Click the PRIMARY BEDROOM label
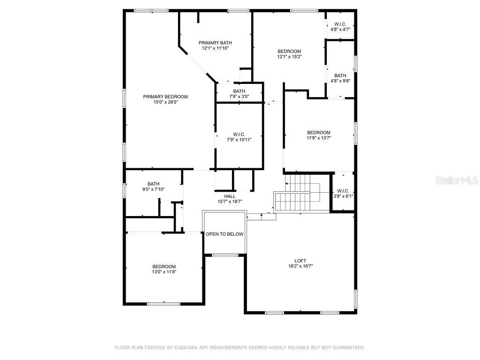tap(165, 97)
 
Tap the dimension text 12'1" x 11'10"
tap(215, 48)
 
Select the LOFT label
tap(300, 261)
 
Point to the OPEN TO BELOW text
tap(225, 234)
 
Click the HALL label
tap(230, 196)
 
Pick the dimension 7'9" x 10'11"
tap(239, 139)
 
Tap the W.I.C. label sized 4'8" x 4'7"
tap(340, 24)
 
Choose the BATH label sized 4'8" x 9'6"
tap(340, 75)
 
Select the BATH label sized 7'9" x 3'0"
tap(239, 91)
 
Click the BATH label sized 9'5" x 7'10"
tap(153, 184)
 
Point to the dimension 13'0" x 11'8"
tap(164, 271)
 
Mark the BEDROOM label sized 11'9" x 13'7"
tap(319, 132)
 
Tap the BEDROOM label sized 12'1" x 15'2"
tap(289, 51)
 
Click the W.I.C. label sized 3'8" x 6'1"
tap(343, 191)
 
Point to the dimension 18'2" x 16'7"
tap(300, 266)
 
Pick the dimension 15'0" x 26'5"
tap(165, 102)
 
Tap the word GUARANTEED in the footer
tap(347, 347)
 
